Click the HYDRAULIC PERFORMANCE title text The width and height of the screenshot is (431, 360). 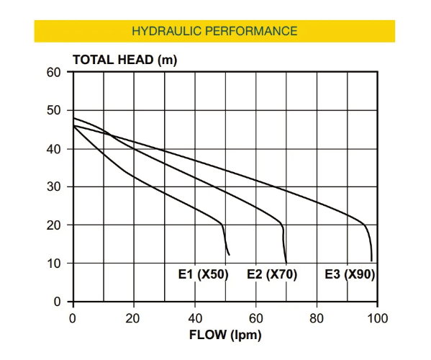[x=214, y=31]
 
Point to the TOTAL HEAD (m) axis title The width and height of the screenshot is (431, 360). [x=124, y=60]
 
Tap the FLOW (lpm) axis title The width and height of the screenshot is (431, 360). [x=225, y=335]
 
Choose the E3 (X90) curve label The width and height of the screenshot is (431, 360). [x=350, y=274]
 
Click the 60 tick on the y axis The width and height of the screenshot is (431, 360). [x=54, y=73]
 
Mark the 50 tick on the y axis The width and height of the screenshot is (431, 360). [x=54, y=111]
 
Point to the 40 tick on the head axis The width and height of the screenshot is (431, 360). [x=54, y=149]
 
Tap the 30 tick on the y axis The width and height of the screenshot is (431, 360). [x=54, y=187]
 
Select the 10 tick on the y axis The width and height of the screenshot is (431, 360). [x=54, y=264]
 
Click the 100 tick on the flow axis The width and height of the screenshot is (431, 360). [x=377, y=317]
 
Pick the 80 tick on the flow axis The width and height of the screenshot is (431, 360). [x=317, y=317]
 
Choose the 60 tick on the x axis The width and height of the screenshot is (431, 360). [x=256, y=317]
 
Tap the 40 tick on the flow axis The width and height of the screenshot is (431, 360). [x=195, y=317]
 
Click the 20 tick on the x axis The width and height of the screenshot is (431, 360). [x=134, y=317]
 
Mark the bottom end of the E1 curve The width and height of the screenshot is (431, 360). [x=229, y=255]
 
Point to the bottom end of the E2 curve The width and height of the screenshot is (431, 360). [x=286, y=263]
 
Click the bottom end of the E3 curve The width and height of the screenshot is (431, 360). [x=371, y=261]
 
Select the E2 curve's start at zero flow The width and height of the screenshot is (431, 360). [x=73, y=118]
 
